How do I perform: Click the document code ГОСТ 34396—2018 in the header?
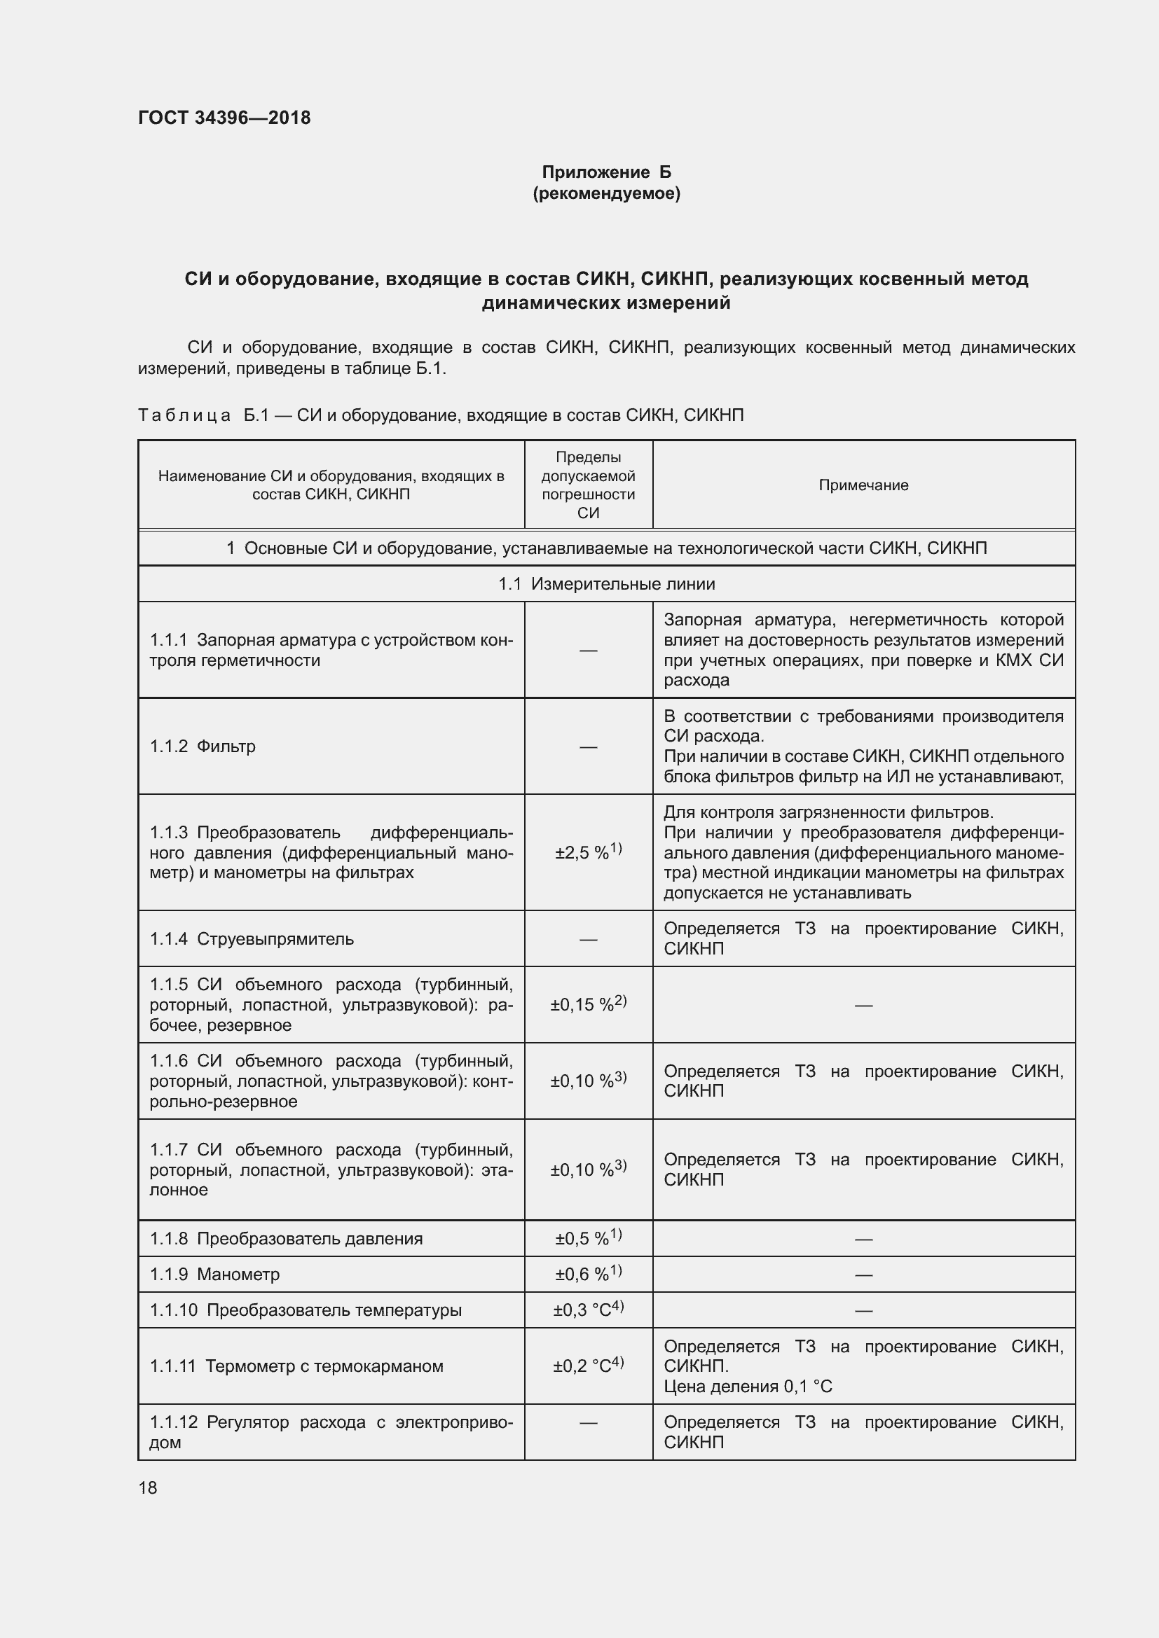click(224, 118)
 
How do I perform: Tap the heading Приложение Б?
click(606, 172)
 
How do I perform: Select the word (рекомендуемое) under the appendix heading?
click(606, 193)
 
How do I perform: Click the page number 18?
click(148, 1487)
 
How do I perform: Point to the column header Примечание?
click(863, 485)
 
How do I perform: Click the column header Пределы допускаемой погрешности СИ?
click(588, 485)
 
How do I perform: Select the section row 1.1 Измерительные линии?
click(606, 583)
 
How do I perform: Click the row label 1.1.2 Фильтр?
click(203, 747)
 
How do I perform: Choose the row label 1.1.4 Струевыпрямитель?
click(252, 939)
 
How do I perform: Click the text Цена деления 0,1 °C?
click(747, 1386)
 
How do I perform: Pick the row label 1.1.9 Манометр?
click(214, 1274)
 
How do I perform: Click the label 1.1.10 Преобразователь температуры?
click(306, 1310)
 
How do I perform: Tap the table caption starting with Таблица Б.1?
click(440, 415)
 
